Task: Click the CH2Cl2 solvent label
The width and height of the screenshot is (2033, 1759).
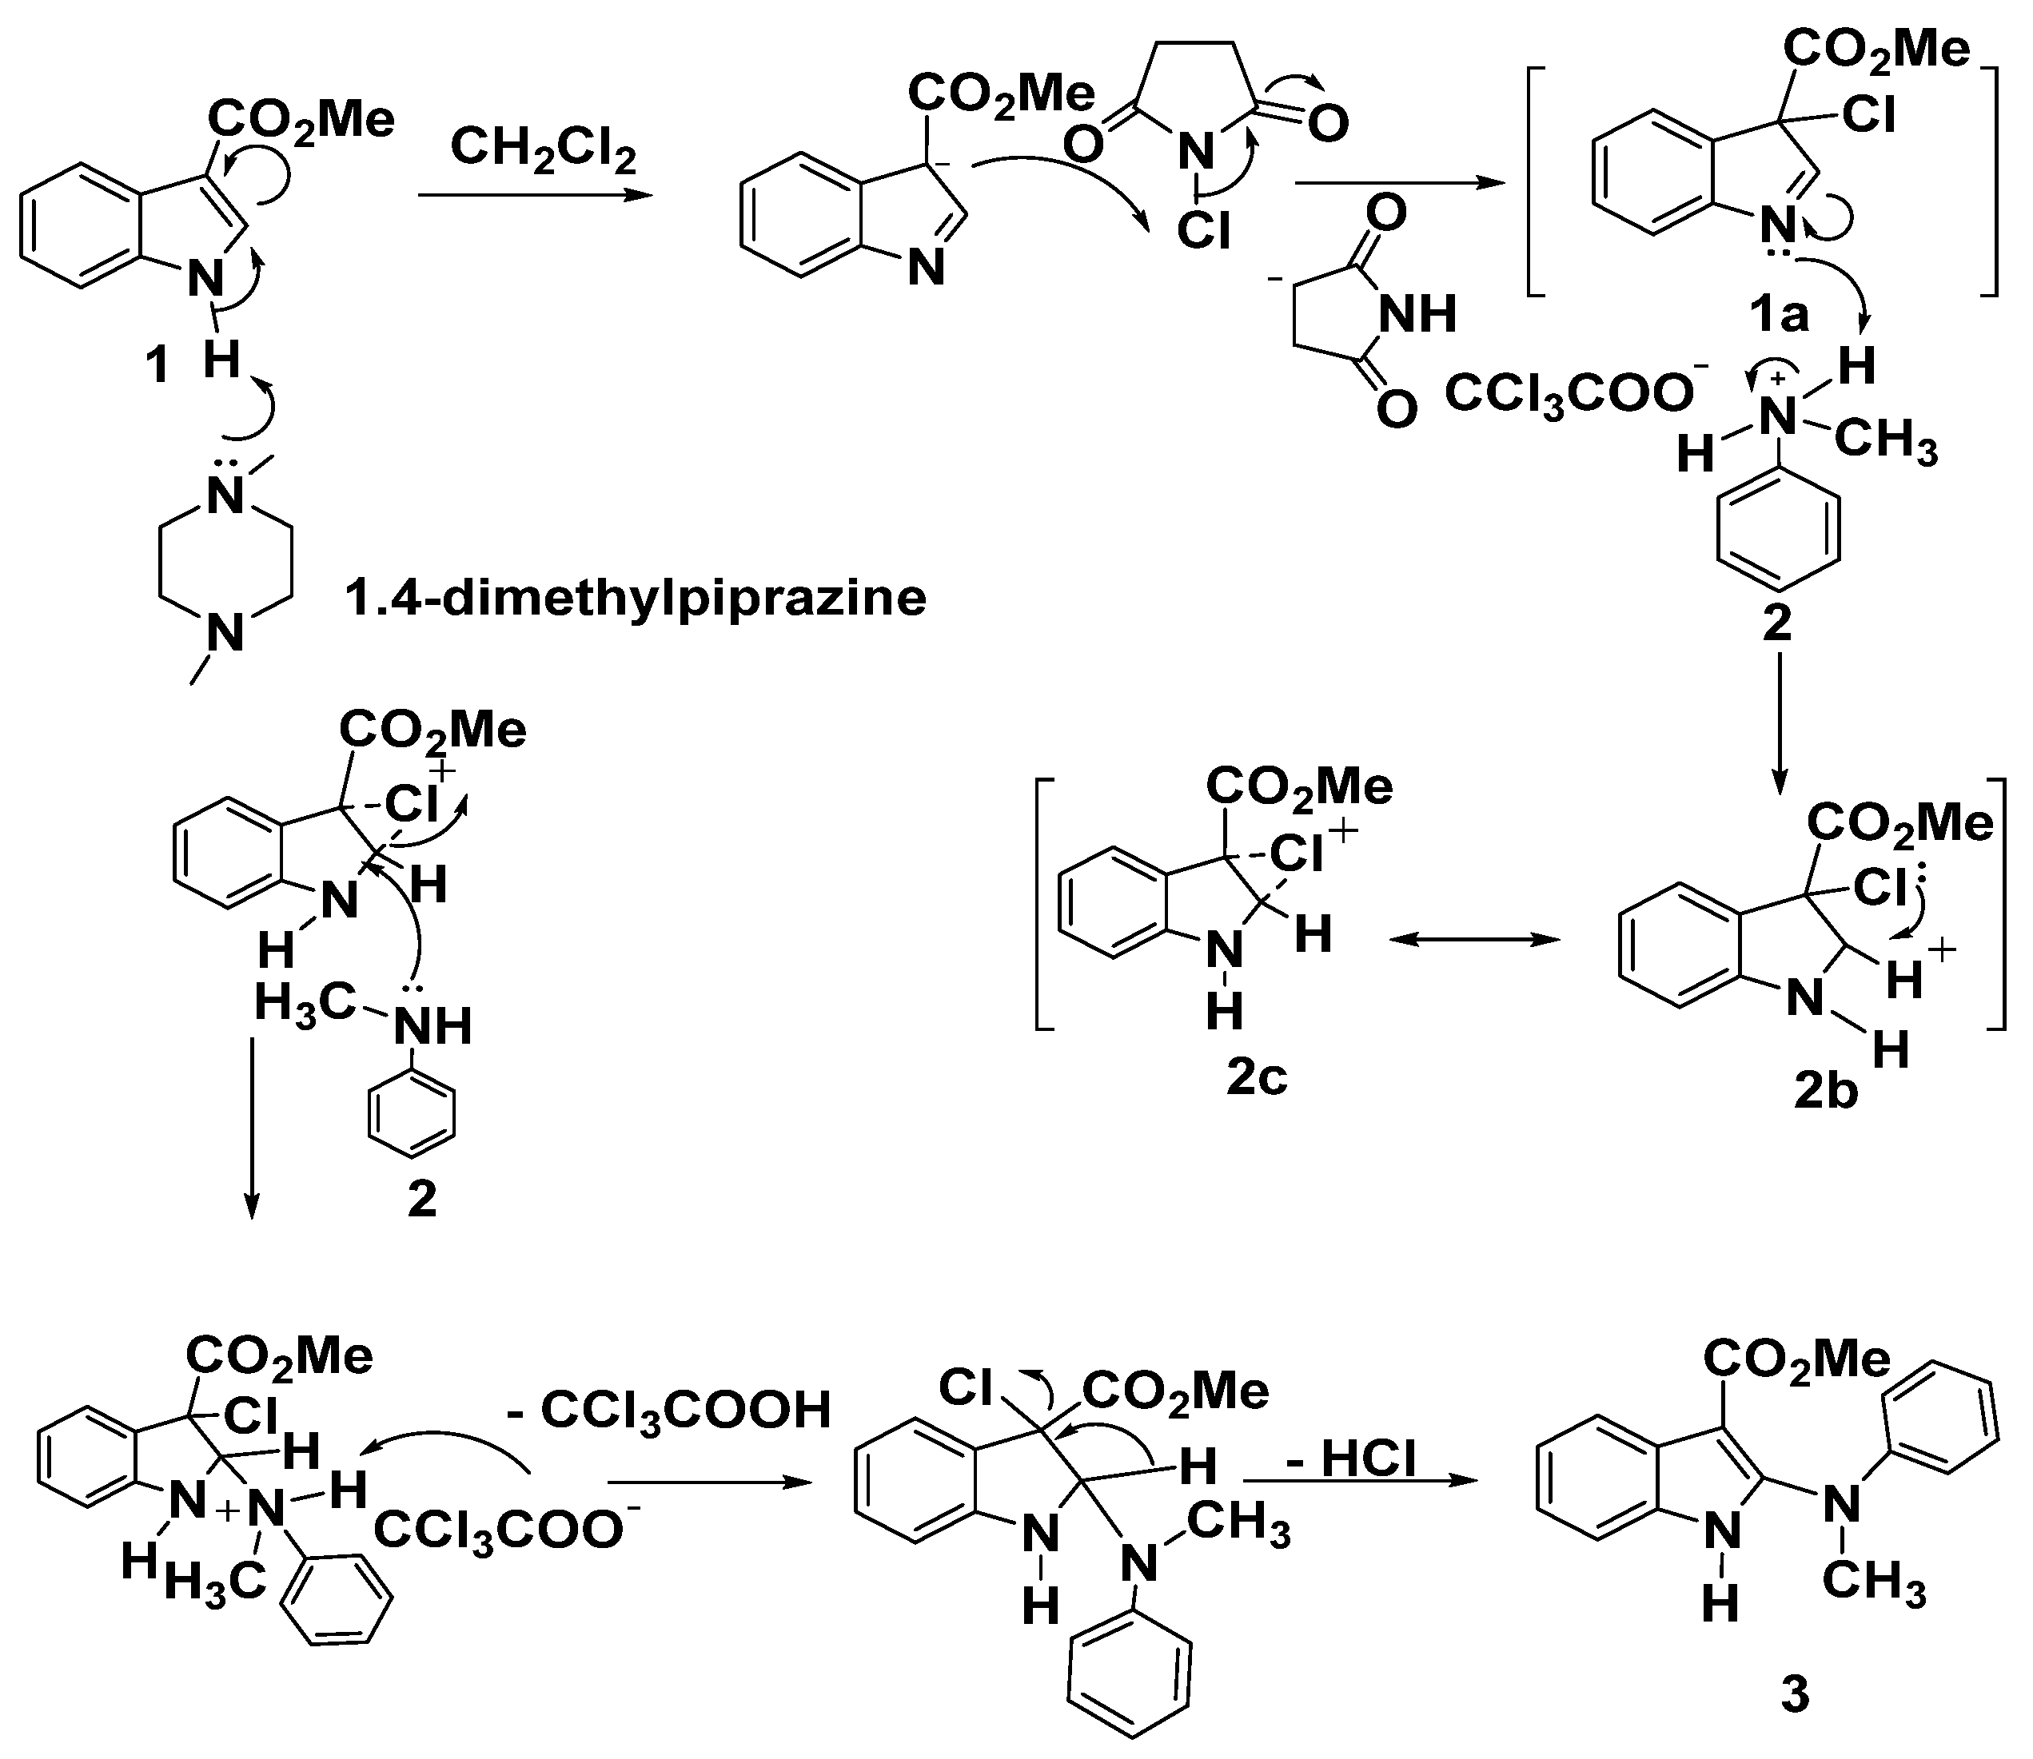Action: pos(543,151)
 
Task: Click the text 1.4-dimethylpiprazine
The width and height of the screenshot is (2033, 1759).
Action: pos(635,598)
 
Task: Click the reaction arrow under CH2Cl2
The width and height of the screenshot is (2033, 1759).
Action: pos(535,195)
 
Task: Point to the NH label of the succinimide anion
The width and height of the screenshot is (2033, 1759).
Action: pos(1417,316)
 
